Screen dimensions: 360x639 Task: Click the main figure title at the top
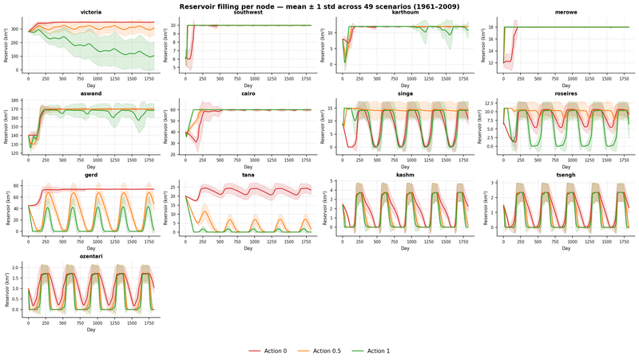(319, 6)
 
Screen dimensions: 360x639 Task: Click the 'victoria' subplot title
(91, 13)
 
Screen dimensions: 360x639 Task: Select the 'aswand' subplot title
(91, 93)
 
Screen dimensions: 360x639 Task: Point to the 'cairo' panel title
(248, 93)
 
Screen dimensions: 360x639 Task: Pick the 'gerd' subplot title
(91, 174)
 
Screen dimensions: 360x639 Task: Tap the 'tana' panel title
(248, 174)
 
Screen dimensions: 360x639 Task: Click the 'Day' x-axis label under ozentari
(91, 329)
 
